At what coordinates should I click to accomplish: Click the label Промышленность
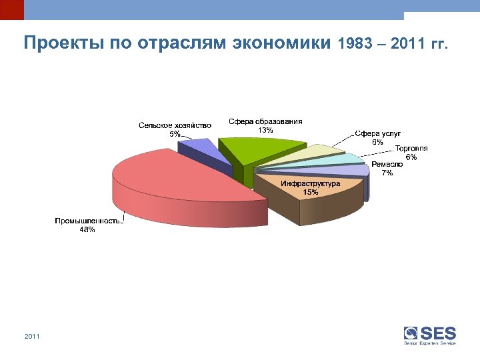coord(87,221)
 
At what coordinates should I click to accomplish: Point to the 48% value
coord(87,229)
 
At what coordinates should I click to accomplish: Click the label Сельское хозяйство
coord(175,125)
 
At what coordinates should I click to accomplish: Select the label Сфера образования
coord(265,121)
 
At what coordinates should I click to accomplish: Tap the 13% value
coord(265,130)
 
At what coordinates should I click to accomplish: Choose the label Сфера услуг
coord(377,133)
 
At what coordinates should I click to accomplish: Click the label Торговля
coord(411,148)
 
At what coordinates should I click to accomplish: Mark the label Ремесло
coord(387,164)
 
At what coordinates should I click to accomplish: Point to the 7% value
coord(387,173)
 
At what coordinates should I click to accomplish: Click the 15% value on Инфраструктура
coord(310,192)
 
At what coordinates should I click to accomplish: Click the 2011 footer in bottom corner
coord(31,337)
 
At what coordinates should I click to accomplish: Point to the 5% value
coord(174,133)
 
